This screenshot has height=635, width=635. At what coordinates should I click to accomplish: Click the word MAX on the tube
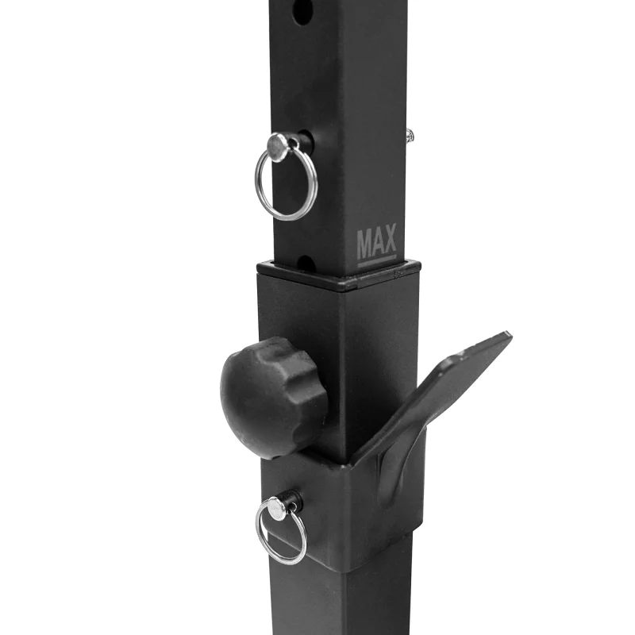[376, 241]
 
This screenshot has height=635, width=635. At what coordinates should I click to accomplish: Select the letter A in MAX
[377, 241]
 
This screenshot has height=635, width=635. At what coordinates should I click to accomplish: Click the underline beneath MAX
[377, 261]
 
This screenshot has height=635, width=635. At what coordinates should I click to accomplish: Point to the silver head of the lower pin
[277, 508]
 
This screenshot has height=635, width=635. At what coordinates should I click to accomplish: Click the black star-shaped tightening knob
[274, 398]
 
